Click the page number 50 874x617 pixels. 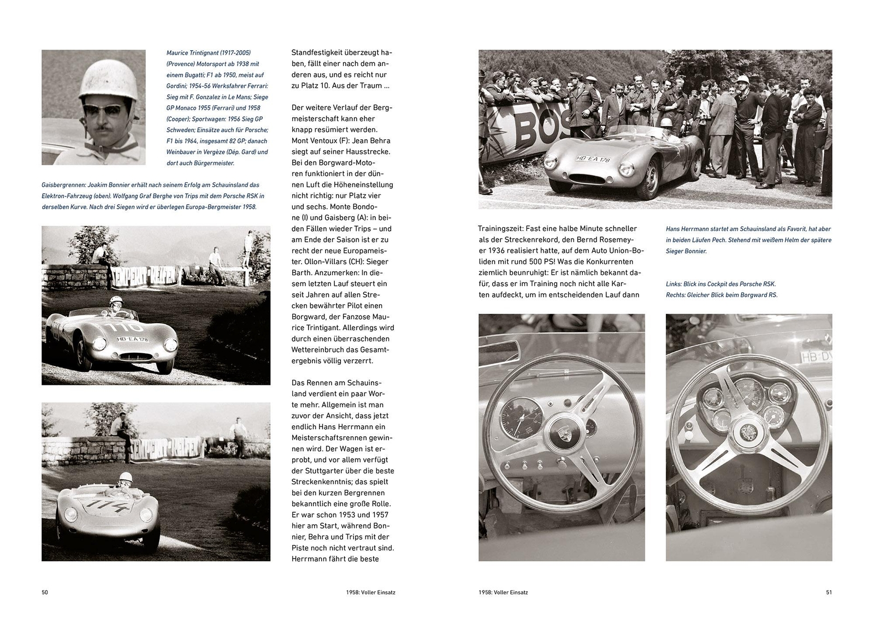[x=45, y=592]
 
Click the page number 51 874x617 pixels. [x=829, y=592]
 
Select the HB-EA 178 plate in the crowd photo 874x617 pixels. [x=592, y=159]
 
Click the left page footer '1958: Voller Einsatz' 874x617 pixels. [x=370, y=592]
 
